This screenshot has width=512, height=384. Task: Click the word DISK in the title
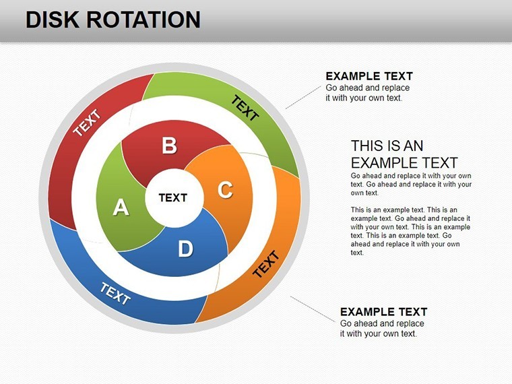(53, 20)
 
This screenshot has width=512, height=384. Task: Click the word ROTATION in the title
(143, 20)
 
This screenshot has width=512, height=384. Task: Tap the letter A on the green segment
(121, 207)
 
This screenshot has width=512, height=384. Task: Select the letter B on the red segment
(170, 146)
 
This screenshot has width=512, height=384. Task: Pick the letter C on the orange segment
(225, 189)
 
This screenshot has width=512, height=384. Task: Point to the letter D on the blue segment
(185, 249)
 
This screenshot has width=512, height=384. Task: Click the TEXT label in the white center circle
(173, 197)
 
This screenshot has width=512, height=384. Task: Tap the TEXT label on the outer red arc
(87, 123)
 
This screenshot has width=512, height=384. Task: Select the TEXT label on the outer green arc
(245, 108)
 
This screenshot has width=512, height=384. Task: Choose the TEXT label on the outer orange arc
(266, 264)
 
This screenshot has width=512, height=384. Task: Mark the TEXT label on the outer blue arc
(115, 293)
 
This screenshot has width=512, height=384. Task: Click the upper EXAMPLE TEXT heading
(369, 76)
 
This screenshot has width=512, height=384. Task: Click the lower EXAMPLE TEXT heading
(384, 312)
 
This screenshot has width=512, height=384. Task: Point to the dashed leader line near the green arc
(303, 97)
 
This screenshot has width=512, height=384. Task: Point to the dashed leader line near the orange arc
(313, 309)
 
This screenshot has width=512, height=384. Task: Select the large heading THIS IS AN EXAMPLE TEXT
(404, 154)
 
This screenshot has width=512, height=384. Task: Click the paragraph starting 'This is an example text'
(410, 231)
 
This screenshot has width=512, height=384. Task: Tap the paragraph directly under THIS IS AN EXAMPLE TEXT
(411, 184)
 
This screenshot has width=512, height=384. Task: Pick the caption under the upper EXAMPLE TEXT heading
(368, 93)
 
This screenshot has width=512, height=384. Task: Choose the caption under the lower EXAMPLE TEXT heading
(382, 329)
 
